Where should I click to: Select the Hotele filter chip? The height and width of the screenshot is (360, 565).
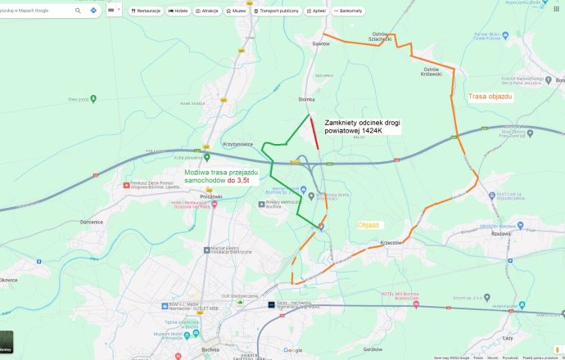(x=178, y=11)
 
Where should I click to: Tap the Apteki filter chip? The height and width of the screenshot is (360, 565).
(x=314, y=11)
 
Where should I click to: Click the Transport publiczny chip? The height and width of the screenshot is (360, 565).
(x=277, y=11)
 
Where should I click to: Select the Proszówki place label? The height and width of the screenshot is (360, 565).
(x=211, y=197)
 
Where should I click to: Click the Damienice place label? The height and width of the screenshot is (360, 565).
(x=91, y=222)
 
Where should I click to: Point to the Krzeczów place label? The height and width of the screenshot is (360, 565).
(x=391, y=242)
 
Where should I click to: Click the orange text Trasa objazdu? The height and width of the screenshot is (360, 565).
(x=490, y=97)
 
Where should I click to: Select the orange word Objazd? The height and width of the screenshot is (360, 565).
(x=368, y=224)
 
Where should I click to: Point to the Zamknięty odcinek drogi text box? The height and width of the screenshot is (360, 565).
(x=363, y=125)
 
